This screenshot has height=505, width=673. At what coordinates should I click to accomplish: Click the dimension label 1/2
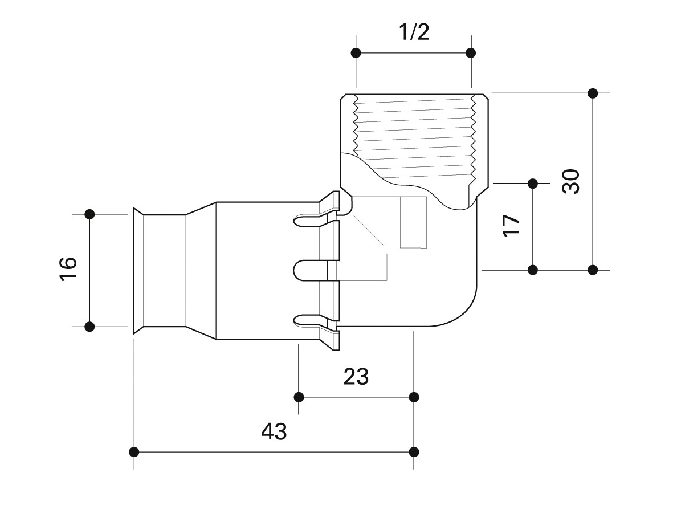[414, 32]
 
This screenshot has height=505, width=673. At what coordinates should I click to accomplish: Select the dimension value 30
[571, 181]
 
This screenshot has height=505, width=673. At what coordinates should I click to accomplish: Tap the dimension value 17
[511, 225]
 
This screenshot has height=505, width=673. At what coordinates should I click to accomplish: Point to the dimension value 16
[68, 269]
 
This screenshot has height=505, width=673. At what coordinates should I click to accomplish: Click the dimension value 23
[356, 377]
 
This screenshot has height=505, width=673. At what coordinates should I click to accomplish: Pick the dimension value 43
[274, 431]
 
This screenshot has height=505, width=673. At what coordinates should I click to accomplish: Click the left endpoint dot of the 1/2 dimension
[356, 53]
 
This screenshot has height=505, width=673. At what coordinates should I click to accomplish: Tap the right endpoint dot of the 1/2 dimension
[471, 53]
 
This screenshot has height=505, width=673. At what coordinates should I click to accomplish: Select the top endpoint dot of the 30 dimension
[593, 93]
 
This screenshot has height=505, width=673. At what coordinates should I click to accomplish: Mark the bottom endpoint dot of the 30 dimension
[593, 270]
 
